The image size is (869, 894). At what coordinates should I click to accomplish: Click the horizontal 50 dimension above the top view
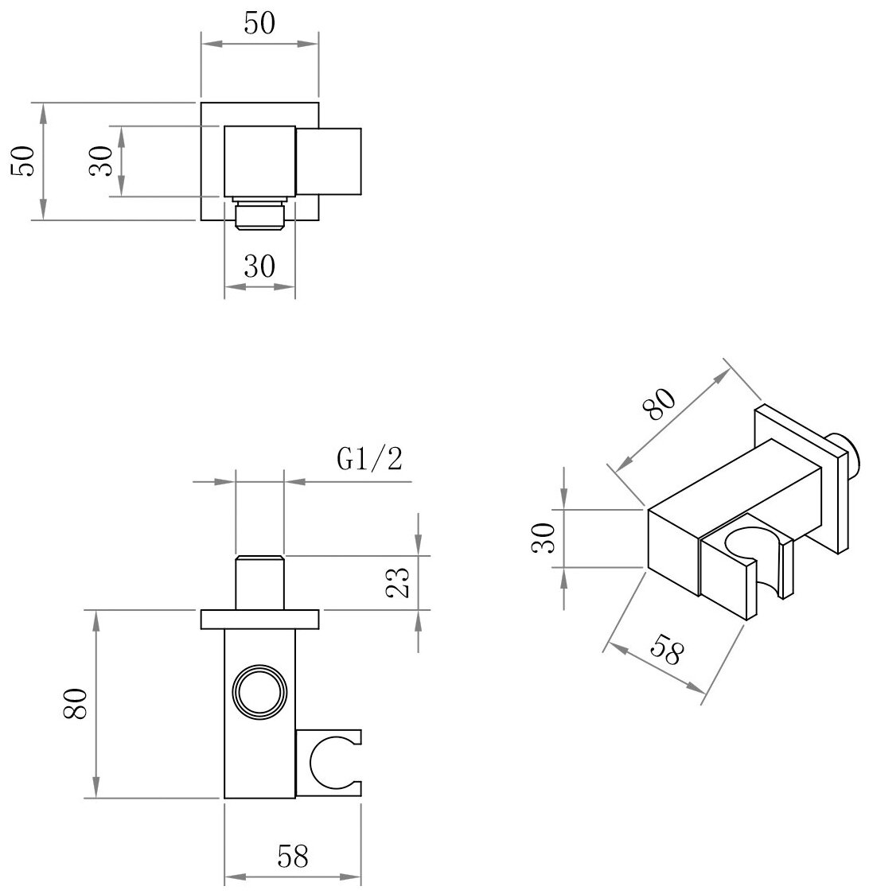[x=259, y=25]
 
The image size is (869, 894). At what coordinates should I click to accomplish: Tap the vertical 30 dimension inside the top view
[x=101, y=161]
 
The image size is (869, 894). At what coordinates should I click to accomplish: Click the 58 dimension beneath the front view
[x=293, y=856]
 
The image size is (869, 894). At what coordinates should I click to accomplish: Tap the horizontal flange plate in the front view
[x=259, y=618]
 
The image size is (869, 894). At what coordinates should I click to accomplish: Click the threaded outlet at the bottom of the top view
[x=259, y=216]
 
